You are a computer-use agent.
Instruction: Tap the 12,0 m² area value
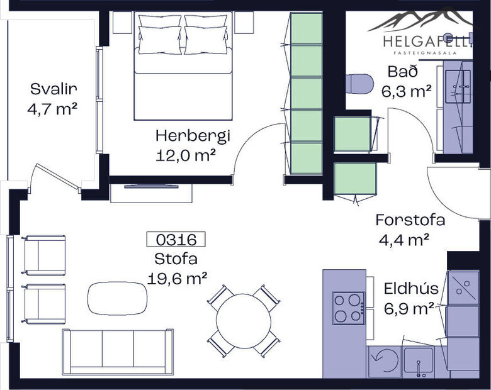click(x=186, y=155)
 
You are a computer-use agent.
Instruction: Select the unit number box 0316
click(x=176, y=239)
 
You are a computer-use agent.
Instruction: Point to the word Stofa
click(x=176, y=259)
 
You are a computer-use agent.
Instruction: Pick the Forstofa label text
click(x=410, y=220)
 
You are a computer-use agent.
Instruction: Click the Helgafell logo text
click(x=427, y=42)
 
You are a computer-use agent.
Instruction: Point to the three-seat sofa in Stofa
click(x=118, y=352)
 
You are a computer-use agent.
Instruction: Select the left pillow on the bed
click(x=159, y=35)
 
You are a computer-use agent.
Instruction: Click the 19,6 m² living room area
click(x=178, y=278)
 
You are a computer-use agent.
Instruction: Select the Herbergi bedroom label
click(x=193, y=135)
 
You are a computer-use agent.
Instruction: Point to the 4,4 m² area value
click(x=404, y=239)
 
